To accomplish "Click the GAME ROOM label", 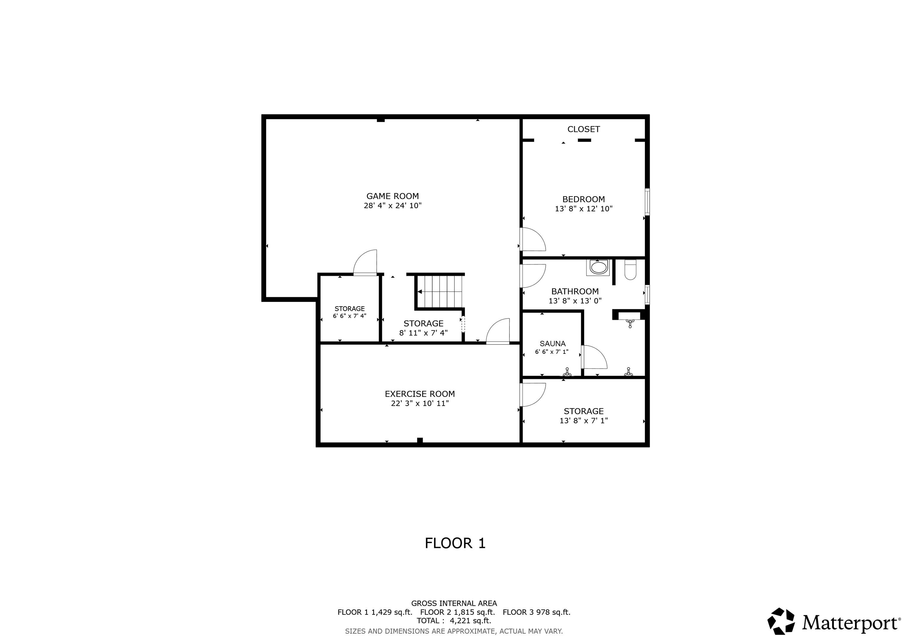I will pyautogui.click(x=392, y=196).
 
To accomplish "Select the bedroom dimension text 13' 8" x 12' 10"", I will pyautogui.click(x=583, y=209).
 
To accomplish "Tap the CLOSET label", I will pyautogui.click(x=583, y=129).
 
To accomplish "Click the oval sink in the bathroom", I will pyautogui.click(x=598, y=267).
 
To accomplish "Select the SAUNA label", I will pyautogui.click(x=552, y=344).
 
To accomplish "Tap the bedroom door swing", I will pyautogui.click(x=533, y=239).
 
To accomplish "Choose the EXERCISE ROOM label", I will pyautogui.click(x=419, y=394).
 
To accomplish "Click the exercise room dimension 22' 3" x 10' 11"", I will pyautogui.click(x=419, y=404).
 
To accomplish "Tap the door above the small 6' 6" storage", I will pyautogui.click(x=365, y=263).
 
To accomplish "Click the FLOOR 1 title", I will pyautogui.click(x=455, y=543).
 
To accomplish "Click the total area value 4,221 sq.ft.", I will pyautogui.click(x=470, y=621).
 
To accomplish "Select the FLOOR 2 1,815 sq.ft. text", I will pyautogui.click(x=457, y=612).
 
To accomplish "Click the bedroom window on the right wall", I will pyautogui.click(x=647, y=202).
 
